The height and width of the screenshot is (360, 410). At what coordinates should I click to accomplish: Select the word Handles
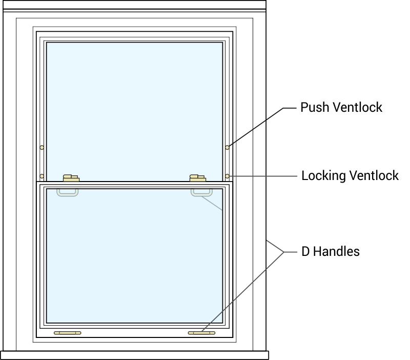coord(337,251)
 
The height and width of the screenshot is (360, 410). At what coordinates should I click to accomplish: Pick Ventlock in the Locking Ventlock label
coord(374,176)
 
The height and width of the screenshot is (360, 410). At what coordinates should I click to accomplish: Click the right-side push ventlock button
coord(227,148)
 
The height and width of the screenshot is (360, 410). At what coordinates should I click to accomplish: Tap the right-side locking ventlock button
coord(227,176)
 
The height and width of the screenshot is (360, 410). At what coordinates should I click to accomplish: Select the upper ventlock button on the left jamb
coord(42,148)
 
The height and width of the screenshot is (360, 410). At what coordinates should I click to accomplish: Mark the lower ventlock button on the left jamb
coord(42,176)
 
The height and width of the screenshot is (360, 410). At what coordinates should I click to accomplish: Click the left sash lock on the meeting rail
coord(70,178)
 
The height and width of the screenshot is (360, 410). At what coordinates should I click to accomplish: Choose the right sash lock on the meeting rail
coord(197,178)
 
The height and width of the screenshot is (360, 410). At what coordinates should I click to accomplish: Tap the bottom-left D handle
coord(68,333)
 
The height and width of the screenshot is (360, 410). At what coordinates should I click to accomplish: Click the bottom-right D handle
coord(201,333)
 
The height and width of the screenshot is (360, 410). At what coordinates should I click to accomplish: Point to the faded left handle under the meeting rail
coord(68,192)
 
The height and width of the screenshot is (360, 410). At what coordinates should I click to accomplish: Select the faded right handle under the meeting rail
coord(201,192)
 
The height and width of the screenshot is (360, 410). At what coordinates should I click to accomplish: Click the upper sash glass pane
coord(134,108)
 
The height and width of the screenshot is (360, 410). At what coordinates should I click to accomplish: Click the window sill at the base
coord(134,355)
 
